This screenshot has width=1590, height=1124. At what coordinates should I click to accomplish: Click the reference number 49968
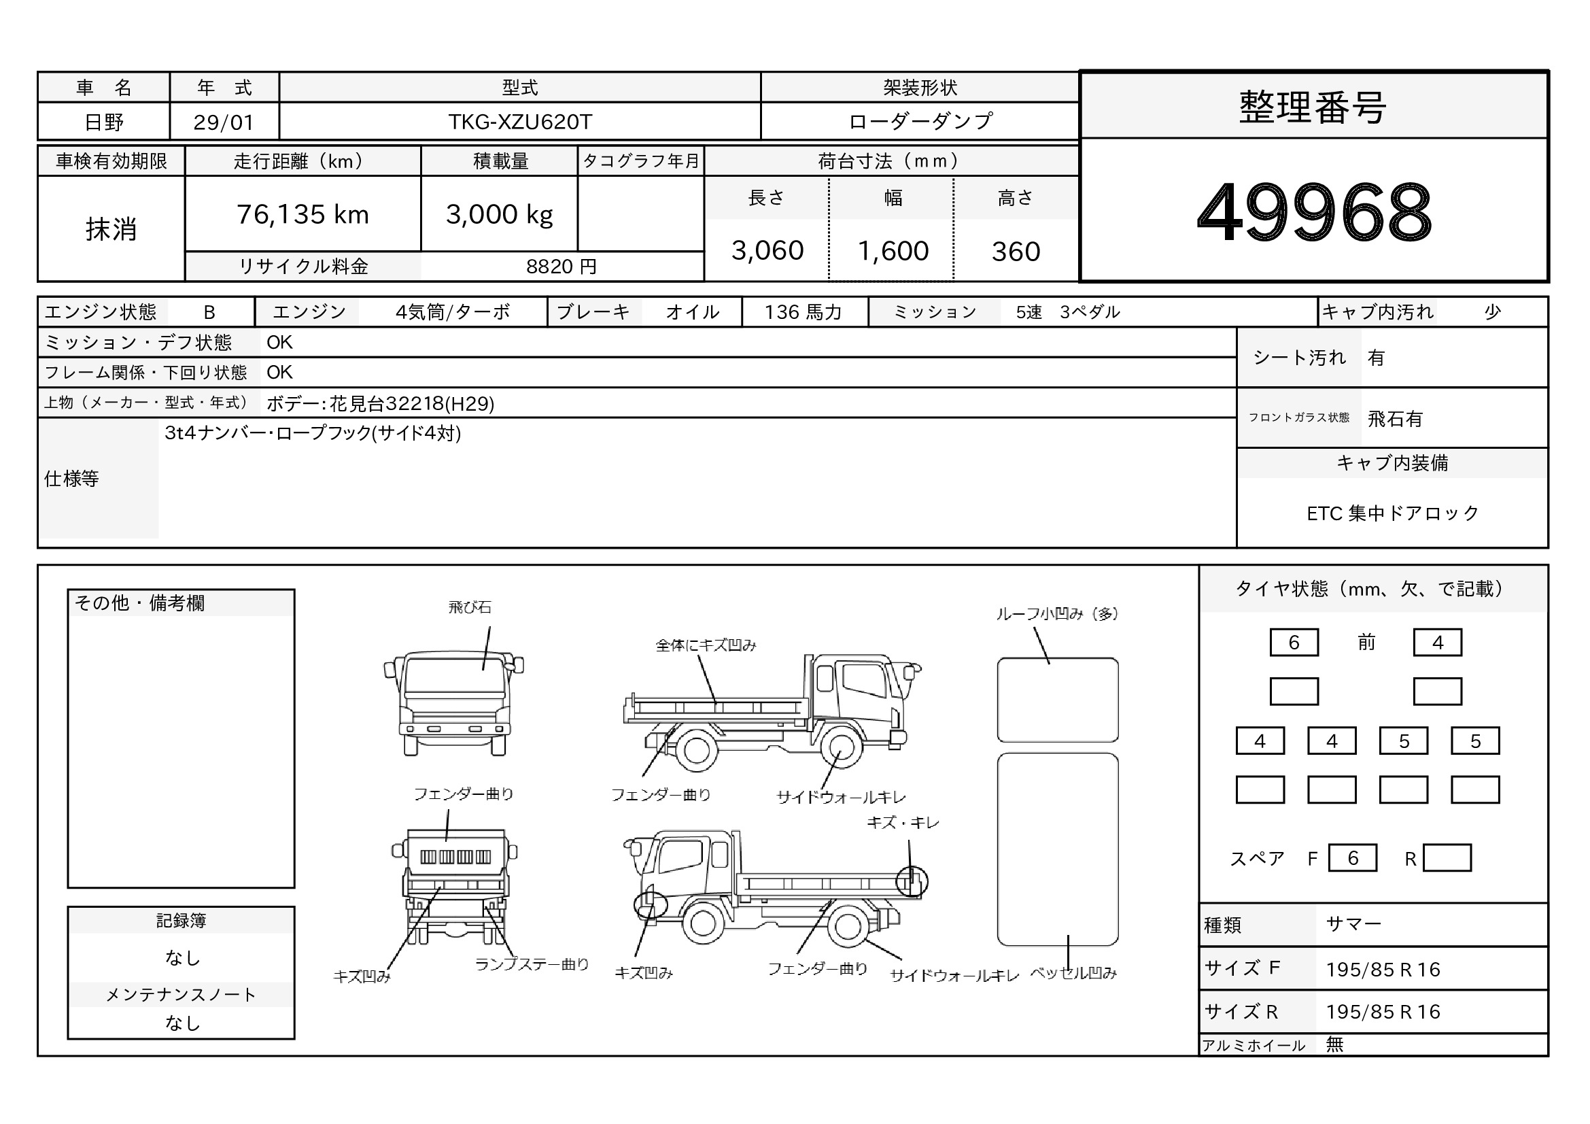tap(1314, 211)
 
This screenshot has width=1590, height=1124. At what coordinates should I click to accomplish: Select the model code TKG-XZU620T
tap(520, 122)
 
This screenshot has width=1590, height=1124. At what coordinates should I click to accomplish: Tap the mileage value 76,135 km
tap(303, 215)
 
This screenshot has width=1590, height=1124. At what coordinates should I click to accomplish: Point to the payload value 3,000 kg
tap(500, 215)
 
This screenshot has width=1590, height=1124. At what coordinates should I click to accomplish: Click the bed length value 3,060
tap(767, 251)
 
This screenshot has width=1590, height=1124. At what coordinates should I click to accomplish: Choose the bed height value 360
tap(1016, 252)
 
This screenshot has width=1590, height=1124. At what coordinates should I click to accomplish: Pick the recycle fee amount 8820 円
tap(561, 267)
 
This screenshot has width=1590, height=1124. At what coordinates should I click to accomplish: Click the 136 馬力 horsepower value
tap(803, 312)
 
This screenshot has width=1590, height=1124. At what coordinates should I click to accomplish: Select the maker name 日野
tap(104, 122)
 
